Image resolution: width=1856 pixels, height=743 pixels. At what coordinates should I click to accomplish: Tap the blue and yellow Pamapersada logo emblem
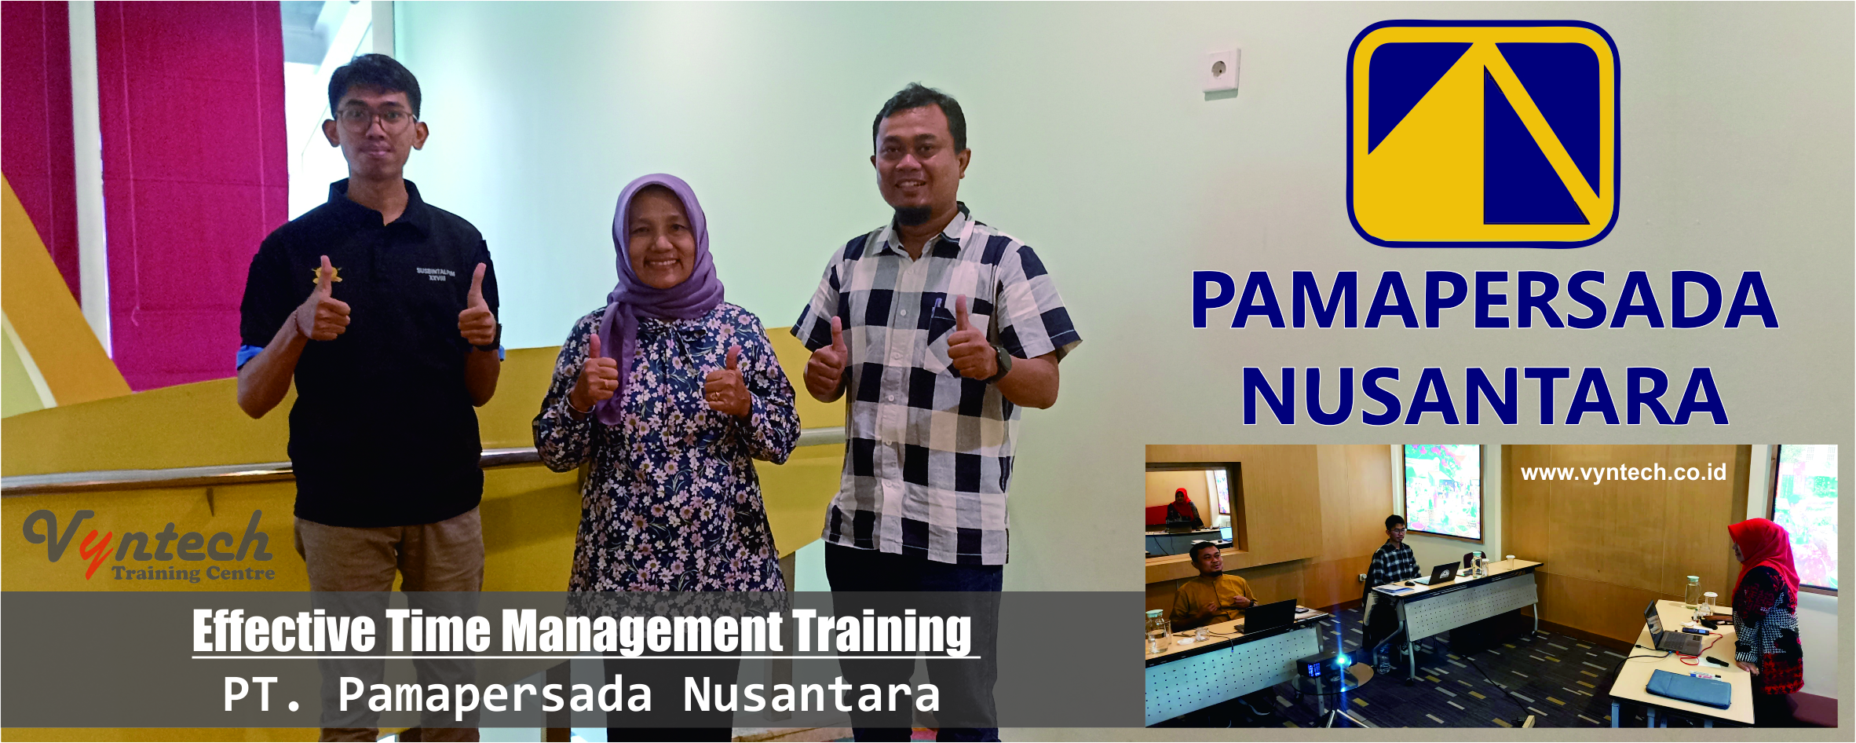point(1483,134)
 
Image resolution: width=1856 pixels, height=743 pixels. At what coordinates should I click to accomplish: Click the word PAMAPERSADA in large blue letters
point(1485,301)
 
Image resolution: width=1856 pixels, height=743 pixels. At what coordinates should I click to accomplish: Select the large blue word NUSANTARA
point(1485,396)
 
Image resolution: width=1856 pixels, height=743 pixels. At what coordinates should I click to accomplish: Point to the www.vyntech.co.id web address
point(1623,472)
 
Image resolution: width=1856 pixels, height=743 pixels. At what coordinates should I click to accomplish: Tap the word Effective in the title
point(284,631)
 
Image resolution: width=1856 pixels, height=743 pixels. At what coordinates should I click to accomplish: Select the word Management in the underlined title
point(642,632)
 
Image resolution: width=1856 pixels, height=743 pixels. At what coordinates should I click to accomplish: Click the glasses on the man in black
point(375,119)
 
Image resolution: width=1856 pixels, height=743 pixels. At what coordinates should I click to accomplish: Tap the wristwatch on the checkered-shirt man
point(1000,363)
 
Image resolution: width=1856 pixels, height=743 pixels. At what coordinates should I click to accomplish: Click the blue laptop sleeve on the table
point(1688,688)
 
